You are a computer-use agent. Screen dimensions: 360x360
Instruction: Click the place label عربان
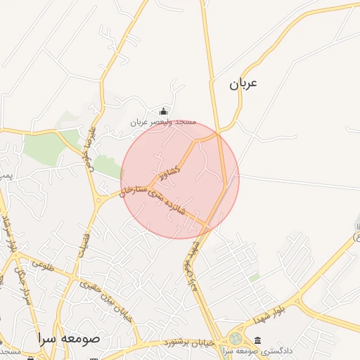coord(243,84)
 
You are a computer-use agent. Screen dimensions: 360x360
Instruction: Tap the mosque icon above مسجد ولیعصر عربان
coord(164,110)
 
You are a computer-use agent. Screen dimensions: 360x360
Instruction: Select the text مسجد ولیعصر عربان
coord(162,122)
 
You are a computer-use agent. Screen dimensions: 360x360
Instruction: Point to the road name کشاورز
coord(169,172)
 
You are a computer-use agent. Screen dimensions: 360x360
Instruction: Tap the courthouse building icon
coord(258,340)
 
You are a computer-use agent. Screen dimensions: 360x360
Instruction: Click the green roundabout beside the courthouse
coord(235,339)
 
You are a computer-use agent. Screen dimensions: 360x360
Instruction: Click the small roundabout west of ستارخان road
coord(98,200)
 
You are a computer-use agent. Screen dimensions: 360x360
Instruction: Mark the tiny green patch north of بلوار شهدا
coord(254,278)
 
